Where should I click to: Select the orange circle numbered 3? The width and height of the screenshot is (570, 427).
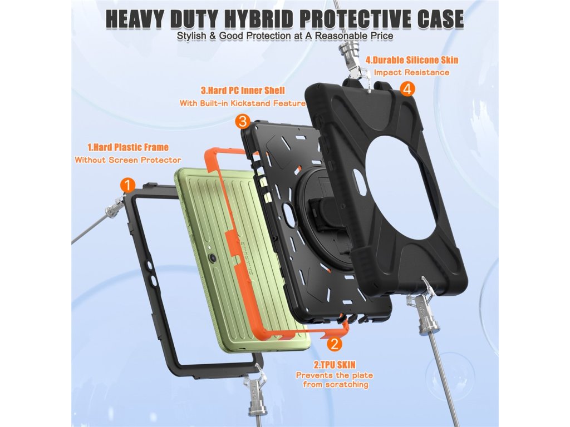click(242, 121)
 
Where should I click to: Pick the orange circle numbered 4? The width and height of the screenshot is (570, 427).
click(407, 88)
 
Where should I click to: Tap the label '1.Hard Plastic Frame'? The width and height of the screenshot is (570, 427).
click(128, 147)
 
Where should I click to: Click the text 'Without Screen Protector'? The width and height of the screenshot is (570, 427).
click(128, 160)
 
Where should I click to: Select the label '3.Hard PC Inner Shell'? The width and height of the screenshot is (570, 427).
click(242, 91)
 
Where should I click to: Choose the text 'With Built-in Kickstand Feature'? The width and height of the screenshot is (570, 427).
click(242, 103)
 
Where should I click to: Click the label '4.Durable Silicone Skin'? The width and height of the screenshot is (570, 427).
click(412, 60)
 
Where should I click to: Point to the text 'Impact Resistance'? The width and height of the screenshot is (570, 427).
click(411, 72)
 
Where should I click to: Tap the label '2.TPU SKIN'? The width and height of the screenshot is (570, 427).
click(334, 365)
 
